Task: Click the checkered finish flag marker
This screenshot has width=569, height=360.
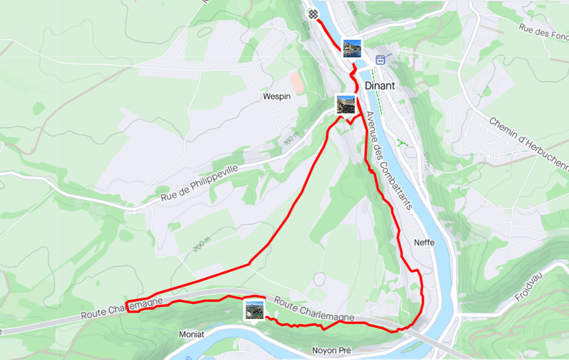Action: coord(313,13)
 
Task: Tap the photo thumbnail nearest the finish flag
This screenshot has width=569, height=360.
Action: coord(353,48)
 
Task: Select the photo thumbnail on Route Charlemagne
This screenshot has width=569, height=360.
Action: coord(253,310)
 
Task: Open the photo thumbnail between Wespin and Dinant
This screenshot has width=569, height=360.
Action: coord(345,104)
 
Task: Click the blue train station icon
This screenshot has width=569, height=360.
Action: coord(380,60)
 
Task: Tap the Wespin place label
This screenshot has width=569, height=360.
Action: coord(275,96)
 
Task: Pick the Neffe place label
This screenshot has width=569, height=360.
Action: coord(424,242)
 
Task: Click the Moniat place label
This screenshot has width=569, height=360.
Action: coord(192,334)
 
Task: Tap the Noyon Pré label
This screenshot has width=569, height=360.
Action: coord(331,350)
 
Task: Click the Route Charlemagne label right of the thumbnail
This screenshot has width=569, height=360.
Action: coord(314,309)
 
